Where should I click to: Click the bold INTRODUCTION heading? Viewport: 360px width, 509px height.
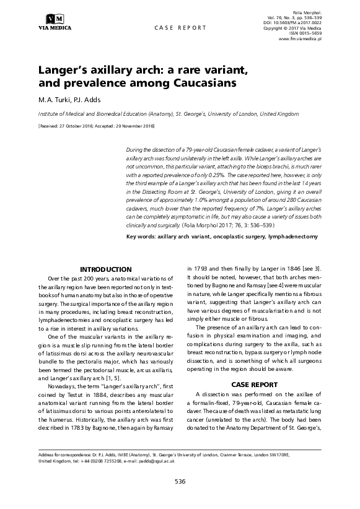pos(107,269)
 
